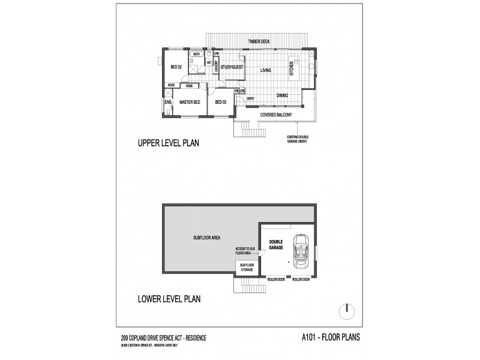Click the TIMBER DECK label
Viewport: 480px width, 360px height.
[260, 41]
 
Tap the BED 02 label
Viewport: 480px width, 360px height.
[176, 67]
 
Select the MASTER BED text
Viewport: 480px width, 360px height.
[190, 102]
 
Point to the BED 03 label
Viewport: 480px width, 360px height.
[220, 102]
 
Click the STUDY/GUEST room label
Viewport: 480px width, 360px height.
[231, 68]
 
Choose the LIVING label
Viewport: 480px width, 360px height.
[266, 70]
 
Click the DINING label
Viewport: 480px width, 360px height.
[282, 95]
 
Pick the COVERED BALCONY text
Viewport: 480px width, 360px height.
[275, 113]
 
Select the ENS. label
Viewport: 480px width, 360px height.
[168, 103]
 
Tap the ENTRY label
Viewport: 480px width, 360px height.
[250, 98]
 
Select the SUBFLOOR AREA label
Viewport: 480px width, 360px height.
[207, 237]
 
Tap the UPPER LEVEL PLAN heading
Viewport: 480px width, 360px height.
[168, 143]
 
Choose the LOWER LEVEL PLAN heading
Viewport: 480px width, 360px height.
[169, 298]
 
